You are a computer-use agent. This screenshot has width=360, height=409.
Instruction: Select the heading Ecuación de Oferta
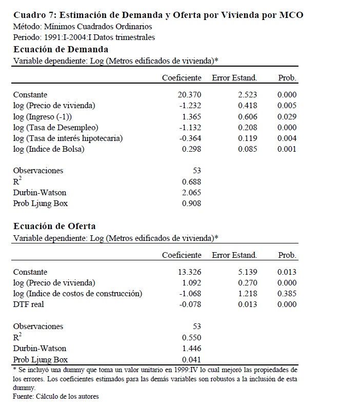54,226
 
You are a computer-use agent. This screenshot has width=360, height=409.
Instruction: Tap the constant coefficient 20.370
189,95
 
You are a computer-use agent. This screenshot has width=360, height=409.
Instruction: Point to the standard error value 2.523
247,95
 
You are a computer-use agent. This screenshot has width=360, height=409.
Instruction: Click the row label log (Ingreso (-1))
43,116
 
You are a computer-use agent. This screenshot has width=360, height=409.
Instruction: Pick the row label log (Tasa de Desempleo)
55,127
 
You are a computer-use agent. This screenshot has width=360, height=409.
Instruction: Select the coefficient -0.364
190,138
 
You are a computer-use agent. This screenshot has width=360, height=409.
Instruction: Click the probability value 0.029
287,116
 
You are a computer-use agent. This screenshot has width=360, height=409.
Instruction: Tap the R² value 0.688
191,181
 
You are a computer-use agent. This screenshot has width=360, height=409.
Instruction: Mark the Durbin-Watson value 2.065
191,192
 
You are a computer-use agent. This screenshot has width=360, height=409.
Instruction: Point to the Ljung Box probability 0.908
191,203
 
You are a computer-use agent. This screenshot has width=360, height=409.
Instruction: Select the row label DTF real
29,304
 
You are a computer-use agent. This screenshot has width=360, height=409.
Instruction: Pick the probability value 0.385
287,294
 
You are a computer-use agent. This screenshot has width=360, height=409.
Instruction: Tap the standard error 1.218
247,294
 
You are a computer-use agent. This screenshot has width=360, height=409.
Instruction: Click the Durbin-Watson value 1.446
191,348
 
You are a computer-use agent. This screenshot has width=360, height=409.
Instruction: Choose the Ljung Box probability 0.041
191,359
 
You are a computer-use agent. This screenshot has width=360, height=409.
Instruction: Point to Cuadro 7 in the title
34,15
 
